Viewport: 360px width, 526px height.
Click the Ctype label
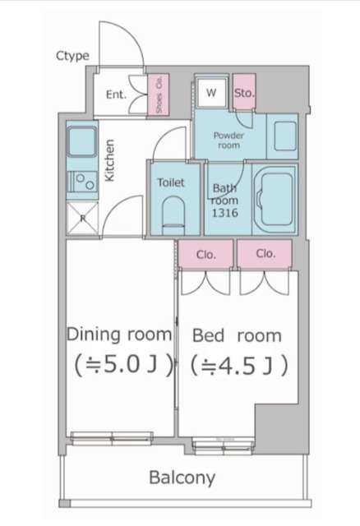pyautogui.click(x=73, y=56)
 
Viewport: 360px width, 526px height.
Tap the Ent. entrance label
pyautogui.click(x=116, y=95)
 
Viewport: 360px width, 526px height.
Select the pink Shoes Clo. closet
pyautogui.click(x=159, y=95)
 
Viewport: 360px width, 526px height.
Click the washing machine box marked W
pyautogui.click(x=211, y=93)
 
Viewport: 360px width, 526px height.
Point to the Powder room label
pyautogui.click(x=228, y=141)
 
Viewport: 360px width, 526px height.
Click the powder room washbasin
pyautogui.click(x=285, y=136)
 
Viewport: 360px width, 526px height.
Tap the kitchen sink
pyautogui.click(x=82, y=142)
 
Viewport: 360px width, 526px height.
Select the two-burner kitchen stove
pyautogui.click(x=82, y=182)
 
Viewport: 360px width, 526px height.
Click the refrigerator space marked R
pyautogui.click(x=82, y=218)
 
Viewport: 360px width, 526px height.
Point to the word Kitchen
pyautogui.click(x=109, y=160)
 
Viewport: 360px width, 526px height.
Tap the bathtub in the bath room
pyautogui.click(x=275, y=200)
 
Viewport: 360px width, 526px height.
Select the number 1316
pyautogui.click(x=224, y=213)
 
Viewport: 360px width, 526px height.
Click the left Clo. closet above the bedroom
pyautogui.click(x=205, y=254)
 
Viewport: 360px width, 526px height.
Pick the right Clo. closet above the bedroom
pyautogui.click(x=265, y=254)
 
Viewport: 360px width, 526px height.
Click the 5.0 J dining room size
pyautogui.click(x=123, y=365)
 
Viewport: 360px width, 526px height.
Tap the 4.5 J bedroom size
pyautogui.click(x=239, y=365)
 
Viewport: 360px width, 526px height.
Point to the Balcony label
pyautogui.click(x=182, y=478)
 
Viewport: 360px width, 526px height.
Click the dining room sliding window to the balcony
pyautogui.click(x=112, y=439)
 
